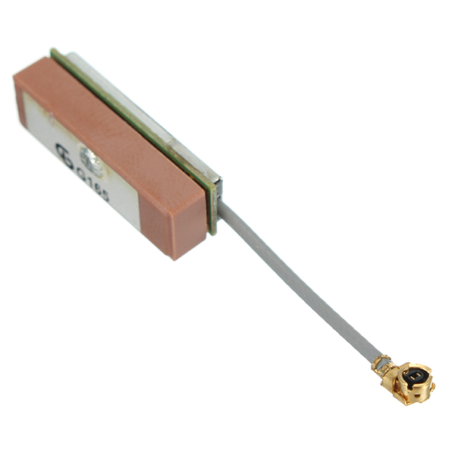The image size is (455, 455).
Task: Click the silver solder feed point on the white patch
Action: [91, 159]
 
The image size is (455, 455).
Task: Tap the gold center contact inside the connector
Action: [415, 375]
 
